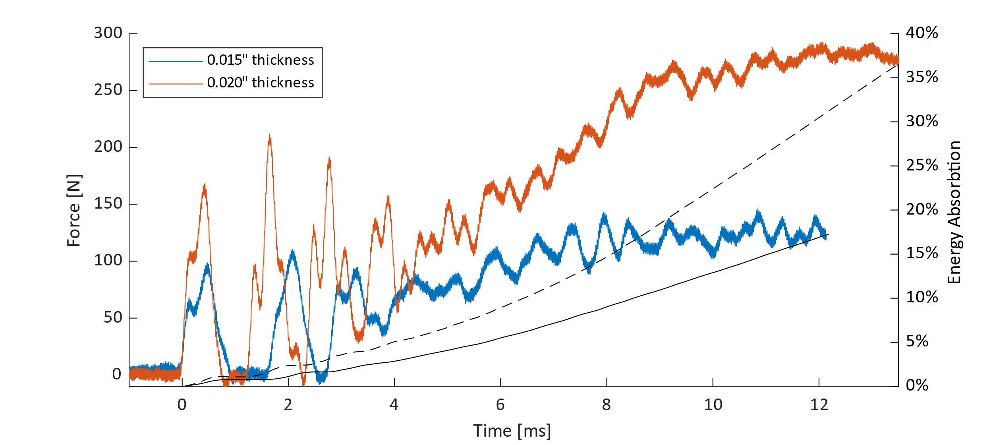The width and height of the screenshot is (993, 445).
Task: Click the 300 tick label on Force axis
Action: tap(108, 33)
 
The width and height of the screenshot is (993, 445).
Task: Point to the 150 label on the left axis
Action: tap(108, 204)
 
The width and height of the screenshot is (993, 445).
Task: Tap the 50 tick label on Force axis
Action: tap(113, 318)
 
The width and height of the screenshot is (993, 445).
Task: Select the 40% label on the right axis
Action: tap(922, 33)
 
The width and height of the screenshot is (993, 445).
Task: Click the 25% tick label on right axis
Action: tap(922, 166)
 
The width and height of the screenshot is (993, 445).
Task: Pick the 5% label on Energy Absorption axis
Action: tap(917, 342)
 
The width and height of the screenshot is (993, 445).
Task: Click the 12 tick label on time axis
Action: tap(819, 405)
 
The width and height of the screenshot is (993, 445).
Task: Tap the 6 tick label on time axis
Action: tap(500, 405)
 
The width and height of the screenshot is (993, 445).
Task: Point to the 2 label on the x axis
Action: tap(288, 405)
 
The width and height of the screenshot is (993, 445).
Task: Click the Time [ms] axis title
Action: tap(512, 431)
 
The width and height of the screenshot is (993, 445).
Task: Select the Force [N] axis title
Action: tap(74, 211)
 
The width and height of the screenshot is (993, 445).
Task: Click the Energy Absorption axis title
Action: tap(954, 212)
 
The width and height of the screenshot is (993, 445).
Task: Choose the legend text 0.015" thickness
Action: tap(261, 60)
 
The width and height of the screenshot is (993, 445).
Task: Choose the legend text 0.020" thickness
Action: tap(261, 83)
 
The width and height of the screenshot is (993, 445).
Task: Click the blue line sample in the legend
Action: tap(176, 61)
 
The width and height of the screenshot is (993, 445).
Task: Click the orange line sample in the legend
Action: tap(176, 84)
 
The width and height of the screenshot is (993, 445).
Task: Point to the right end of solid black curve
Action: tap(828, 234)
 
